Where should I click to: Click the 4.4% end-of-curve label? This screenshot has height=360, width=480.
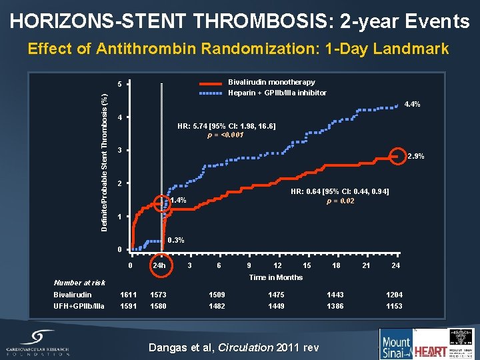tap(411, 105)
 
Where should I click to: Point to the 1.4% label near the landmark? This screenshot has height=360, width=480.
tap(178, 201)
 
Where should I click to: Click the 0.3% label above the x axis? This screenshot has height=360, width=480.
tap(176, 240)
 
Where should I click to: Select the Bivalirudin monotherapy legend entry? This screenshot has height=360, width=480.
tap(271, 82)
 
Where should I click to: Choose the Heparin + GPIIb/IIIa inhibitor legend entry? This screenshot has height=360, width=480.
tap(277, 93)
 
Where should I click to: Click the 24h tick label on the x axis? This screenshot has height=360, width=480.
tap(159, 265)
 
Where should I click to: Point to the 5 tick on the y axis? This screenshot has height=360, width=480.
tap(119, 85)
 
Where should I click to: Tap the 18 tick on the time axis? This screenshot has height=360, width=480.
tap(336, 265)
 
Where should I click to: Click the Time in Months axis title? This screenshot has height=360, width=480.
tap(275, 277)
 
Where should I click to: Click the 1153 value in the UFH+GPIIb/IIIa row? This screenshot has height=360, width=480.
tap(395, 306)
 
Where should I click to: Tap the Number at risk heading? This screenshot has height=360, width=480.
tap(79, 283)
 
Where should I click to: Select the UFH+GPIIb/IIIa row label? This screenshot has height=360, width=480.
tap(79, 306)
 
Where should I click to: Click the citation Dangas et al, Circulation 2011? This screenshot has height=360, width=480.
tap(233, 347)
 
